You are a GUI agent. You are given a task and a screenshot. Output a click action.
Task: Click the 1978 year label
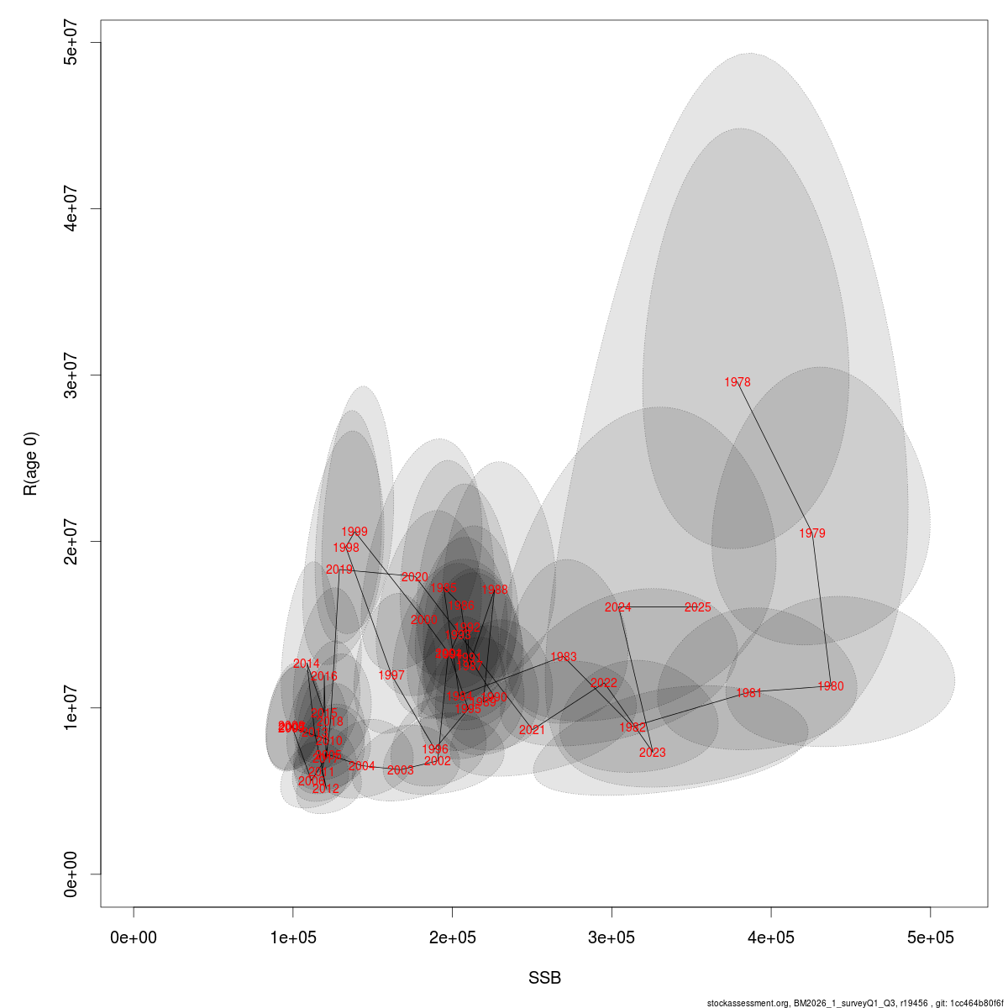tap(737, 382)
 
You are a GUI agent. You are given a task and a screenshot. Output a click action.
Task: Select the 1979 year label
tap(812, 533)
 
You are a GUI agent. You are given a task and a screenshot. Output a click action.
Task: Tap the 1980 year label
tap(830, 686)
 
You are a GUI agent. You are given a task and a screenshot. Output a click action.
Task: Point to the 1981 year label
tap(748, 693)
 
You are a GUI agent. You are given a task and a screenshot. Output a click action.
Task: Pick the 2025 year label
tap(697, 607)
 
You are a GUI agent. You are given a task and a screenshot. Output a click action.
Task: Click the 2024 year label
tap(617, 607)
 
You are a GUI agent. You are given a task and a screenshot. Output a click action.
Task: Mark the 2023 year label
tap(652, 753)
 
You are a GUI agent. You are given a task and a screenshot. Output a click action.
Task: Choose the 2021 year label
tap(532, 730)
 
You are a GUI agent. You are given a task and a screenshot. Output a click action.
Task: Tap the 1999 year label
tap(354, 532)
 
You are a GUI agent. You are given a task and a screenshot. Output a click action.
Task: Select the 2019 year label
tap(339, 570)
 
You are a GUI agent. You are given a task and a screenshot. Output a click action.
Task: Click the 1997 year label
tap(391, 675)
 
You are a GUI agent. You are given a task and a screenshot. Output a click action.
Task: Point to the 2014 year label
tap(306, 664)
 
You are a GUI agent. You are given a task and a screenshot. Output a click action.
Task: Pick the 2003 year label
tap(400, 770)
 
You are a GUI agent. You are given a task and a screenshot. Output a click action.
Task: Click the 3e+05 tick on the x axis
tap(612, 937)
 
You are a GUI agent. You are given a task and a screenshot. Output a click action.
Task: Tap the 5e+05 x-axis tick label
tap(930, 937)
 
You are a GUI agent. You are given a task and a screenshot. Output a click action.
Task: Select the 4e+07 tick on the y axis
tap(71, 208)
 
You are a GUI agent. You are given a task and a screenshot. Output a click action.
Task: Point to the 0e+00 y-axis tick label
tap(71, 874)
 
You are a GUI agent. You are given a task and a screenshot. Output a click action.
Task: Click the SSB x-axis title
tap(544, 979)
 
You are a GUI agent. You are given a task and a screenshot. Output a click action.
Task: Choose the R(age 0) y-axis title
tap(31, 464)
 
